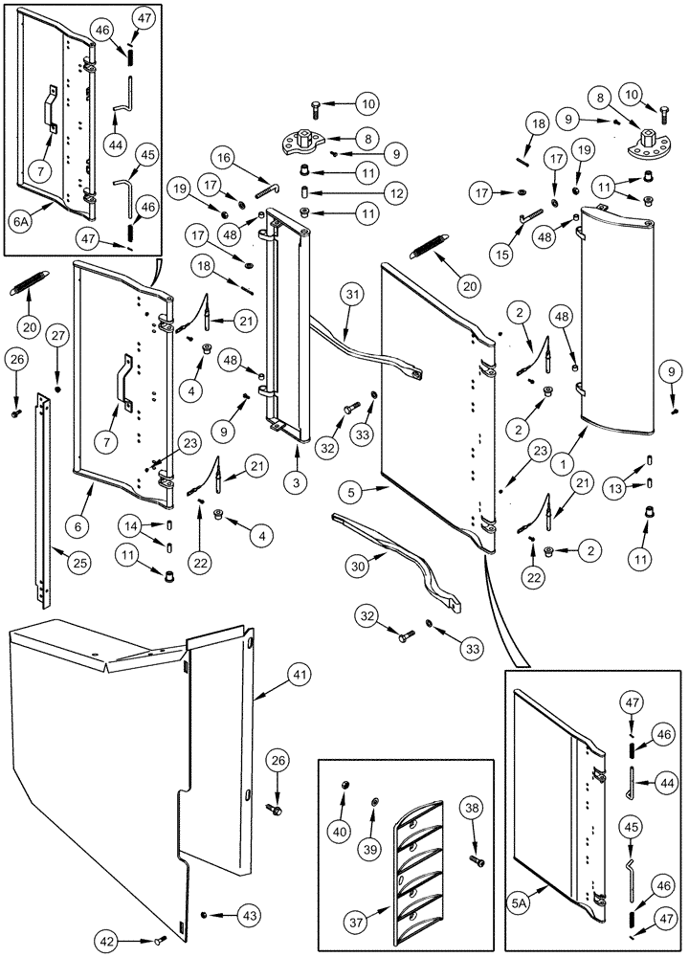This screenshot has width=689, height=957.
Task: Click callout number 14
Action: [133, 525]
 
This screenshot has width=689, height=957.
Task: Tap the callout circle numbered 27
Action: [58, 336]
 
